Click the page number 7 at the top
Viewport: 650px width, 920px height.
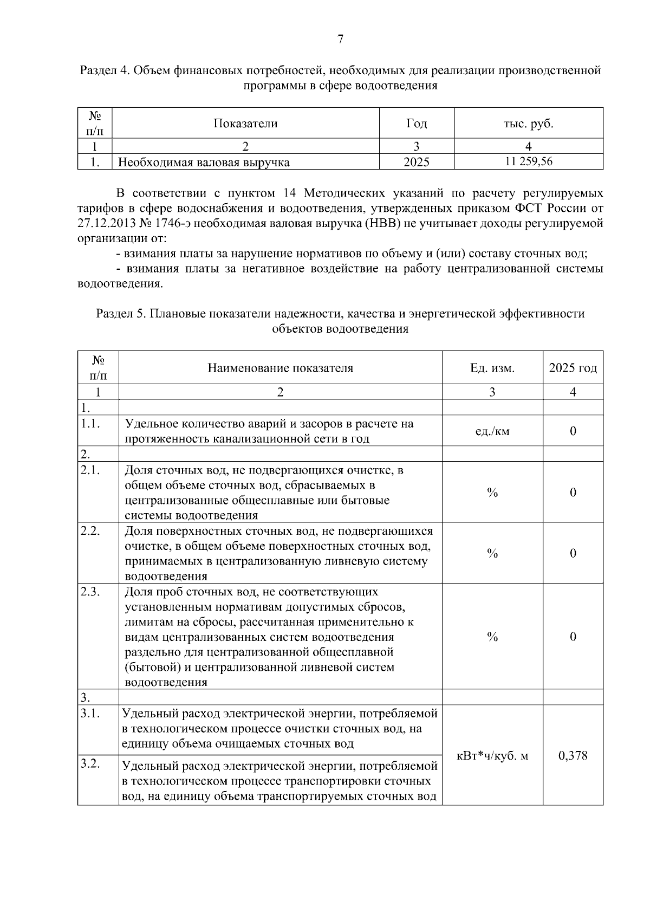[340, 39]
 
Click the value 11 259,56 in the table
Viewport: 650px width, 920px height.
[528, 161]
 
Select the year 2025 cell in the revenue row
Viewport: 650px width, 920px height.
[417, 162]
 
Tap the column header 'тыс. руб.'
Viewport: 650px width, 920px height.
[528, 124]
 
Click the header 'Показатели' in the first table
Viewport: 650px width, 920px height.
[245, 124]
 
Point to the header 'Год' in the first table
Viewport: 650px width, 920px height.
[417, 124]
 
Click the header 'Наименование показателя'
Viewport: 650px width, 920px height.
[280, 368]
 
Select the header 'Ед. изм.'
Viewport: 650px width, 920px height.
[492, 368]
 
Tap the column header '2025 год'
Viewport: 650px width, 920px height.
[573, 368]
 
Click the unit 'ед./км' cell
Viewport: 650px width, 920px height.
[492, 431]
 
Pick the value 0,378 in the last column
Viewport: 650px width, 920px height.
[573, 755]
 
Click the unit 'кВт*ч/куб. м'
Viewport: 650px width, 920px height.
[492, 756]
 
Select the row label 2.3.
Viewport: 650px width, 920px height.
[90, 592]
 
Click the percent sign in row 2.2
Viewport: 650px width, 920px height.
[492, 553]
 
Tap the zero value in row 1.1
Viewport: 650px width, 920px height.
[573, 431]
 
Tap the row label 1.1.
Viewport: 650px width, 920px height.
[89, 424]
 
